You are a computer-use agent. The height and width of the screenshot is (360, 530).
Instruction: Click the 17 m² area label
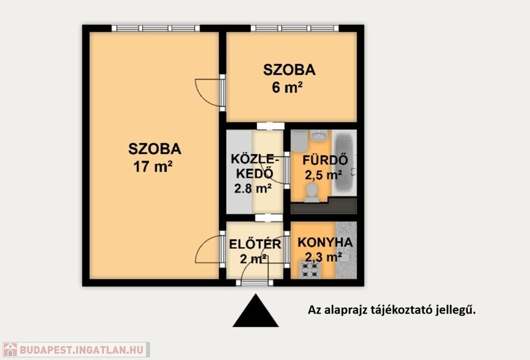coord(153,167)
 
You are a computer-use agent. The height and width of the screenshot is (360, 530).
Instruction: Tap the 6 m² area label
coord(287,87)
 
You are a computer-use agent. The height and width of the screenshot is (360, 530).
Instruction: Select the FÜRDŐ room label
coord(325,160)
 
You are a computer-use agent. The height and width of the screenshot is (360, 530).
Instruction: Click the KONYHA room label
coord(325,242)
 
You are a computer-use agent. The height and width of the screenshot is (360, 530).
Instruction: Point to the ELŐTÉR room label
coord(255,244)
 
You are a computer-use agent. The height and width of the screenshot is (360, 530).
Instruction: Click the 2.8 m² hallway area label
coord(253,188)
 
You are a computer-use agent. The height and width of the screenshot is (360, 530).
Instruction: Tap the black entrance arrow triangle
coord(256,310)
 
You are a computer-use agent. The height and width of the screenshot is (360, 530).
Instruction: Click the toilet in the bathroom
coord(312,192)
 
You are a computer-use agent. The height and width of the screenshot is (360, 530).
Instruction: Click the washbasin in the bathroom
coord(318,136)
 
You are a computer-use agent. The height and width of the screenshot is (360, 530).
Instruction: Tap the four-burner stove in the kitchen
coord(310,270)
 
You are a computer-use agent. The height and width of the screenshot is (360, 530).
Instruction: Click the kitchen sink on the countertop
coord(344,256)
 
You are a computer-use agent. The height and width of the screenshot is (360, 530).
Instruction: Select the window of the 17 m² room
coord(155,28)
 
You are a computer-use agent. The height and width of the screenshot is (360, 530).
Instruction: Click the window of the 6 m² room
coord(295,28)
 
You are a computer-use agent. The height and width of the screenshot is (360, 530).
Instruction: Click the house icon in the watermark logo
coord(10,350)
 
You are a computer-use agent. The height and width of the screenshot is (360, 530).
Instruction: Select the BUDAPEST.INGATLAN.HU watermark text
coord(82,350)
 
